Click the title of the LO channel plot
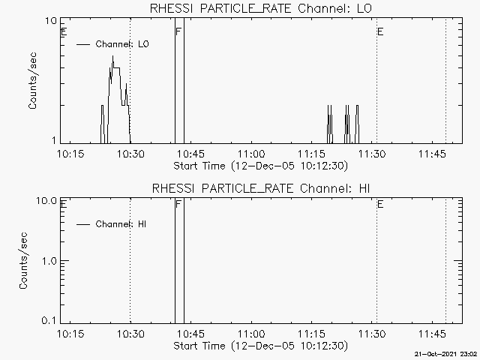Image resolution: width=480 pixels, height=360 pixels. [x=261, y=8]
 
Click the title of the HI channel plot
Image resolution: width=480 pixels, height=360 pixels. [x=261, y=188]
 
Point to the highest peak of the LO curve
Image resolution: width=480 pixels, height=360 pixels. [x=112, y=56]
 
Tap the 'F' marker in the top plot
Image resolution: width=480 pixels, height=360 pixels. [x=178, y=31]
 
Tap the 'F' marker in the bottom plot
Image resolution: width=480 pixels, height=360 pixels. [x=178, y=204]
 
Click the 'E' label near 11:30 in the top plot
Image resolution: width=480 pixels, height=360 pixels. [x=380, y=31]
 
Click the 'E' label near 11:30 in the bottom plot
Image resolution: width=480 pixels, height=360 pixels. [x=380, y=204]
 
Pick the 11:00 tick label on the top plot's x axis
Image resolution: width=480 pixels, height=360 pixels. [x=252, y=154]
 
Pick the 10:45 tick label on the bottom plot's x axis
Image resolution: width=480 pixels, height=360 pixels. [x=191, y=334]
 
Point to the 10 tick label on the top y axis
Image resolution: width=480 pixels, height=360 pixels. [x=51, y=21]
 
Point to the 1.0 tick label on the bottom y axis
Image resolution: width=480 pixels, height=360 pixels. [x=49, y=261]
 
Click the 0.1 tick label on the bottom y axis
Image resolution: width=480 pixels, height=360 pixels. [x=49, y=320]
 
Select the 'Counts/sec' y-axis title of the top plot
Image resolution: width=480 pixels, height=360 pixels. [x=32, y=80]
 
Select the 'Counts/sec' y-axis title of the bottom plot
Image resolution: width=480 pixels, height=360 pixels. [x=23, y=260]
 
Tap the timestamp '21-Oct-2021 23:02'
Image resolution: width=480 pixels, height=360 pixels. [x=445, y=354]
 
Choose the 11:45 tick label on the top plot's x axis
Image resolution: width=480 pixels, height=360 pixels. [x=432, y=154]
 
